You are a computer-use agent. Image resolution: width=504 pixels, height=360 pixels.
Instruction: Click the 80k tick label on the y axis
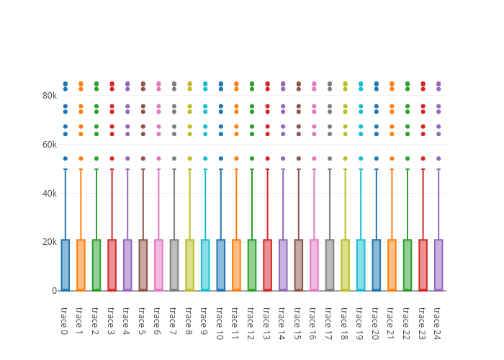coord(49,95)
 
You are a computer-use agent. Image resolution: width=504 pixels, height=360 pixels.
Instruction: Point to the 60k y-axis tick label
coord(49,144)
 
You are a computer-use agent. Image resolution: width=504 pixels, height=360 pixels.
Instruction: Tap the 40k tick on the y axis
coord(49,193)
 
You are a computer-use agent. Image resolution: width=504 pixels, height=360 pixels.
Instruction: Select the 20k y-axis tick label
coord(49,242)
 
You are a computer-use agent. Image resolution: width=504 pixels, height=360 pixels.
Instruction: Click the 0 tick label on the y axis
coord(54,291)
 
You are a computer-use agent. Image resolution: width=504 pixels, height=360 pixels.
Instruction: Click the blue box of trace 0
coord(65,265)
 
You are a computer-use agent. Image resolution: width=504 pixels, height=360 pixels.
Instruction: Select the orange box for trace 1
coord(81,265)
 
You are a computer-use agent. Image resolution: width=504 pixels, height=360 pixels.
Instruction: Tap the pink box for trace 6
coord(158,265)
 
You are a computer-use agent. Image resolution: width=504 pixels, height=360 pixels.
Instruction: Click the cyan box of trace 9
coord(205,265)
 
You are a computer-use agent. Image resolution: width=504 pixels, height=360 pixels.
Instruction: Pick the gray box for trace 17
coord(330,265)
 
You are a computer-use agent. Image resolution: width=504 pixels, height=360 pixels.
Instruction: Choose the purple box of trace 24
coord(438,265)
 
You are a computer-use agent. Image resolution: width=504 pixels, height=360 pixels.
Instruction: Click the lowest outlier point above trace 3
coord(112,158)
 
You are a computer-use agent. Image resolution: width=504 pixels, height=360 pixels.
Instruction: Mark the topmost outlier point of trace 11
coord(236,84)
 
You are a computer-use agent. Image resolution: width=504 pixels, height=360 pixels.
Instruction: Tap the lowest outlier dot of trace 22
coord(408,158)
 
